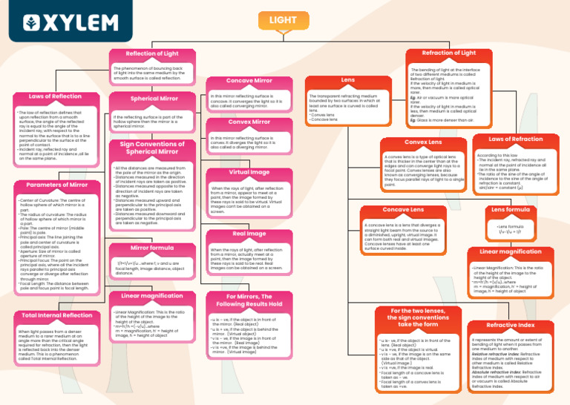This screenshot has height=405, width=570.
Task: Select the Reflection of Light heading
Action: (151, 54)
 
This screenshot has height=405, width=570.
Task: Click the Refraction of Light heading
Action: (448, 53)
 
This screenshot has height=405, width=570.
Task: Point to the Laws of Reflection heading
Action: (55, 96)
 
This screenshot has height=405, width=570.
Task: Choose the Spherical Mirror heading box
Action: (154, 98)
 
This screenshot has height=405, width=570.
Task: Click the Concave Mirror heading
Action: (249, 80)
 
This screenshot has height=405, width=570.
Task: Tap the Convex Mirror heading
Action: (249, 122)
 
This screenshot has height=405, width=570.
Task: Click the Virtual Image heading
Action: (249, 172)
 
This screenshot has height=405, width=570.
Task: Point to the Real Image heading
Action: (249, 234)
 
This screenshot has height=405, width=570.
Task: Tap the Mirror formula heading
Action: (151, 248)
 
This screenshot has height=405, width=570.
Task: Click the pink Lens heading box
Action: (347, 79)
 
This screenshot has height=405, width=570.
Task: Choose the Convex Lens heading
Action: (422, 142)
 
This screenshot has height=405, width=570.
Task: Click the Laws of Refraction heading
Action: (516, 139)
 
